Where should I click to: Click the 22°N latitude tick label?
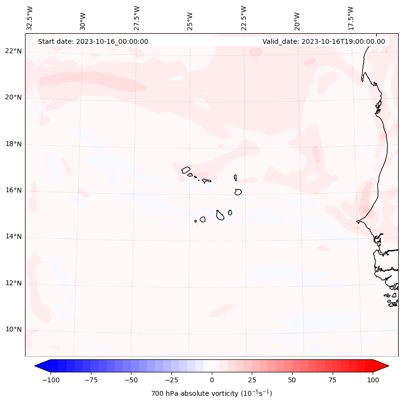click(13, 51)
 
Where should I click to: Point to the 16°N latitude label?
click(13, 190)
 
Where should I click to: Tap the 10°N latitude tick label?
click(13, 330)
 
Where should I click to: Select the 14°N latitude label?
click(13, 236)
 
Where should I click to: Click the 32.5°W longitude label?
click(30, 18)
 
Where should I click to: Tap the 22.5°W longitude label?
click(244, 18)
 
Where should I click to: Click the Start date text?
click(93, 41)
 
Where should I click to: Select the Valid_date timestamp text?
click(324, 41)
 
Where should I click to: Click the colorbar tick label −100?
click(51, 380)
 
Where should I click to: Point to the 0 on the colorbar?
click(212, 380)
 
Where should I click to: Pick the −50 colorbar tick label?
click(131, 380)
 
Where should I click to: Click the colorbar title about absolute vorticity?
click(212, 393)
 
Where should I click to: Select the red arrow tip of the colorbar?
click(384, 366)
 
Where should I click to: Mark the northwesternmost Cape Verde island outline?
click(186, 169)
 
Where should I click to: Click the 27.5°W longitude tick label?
click(137, 18)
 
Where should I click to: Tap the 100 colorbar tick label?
click(373, 380)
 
